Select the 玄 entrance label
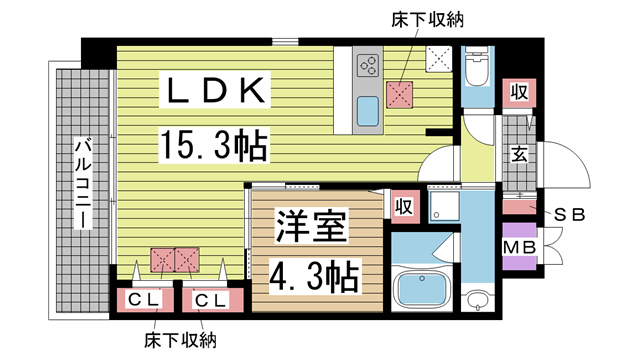coord(520,154)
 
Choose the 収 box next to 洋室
coord(404,206)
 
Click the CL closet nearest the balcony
coord(140,299)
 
